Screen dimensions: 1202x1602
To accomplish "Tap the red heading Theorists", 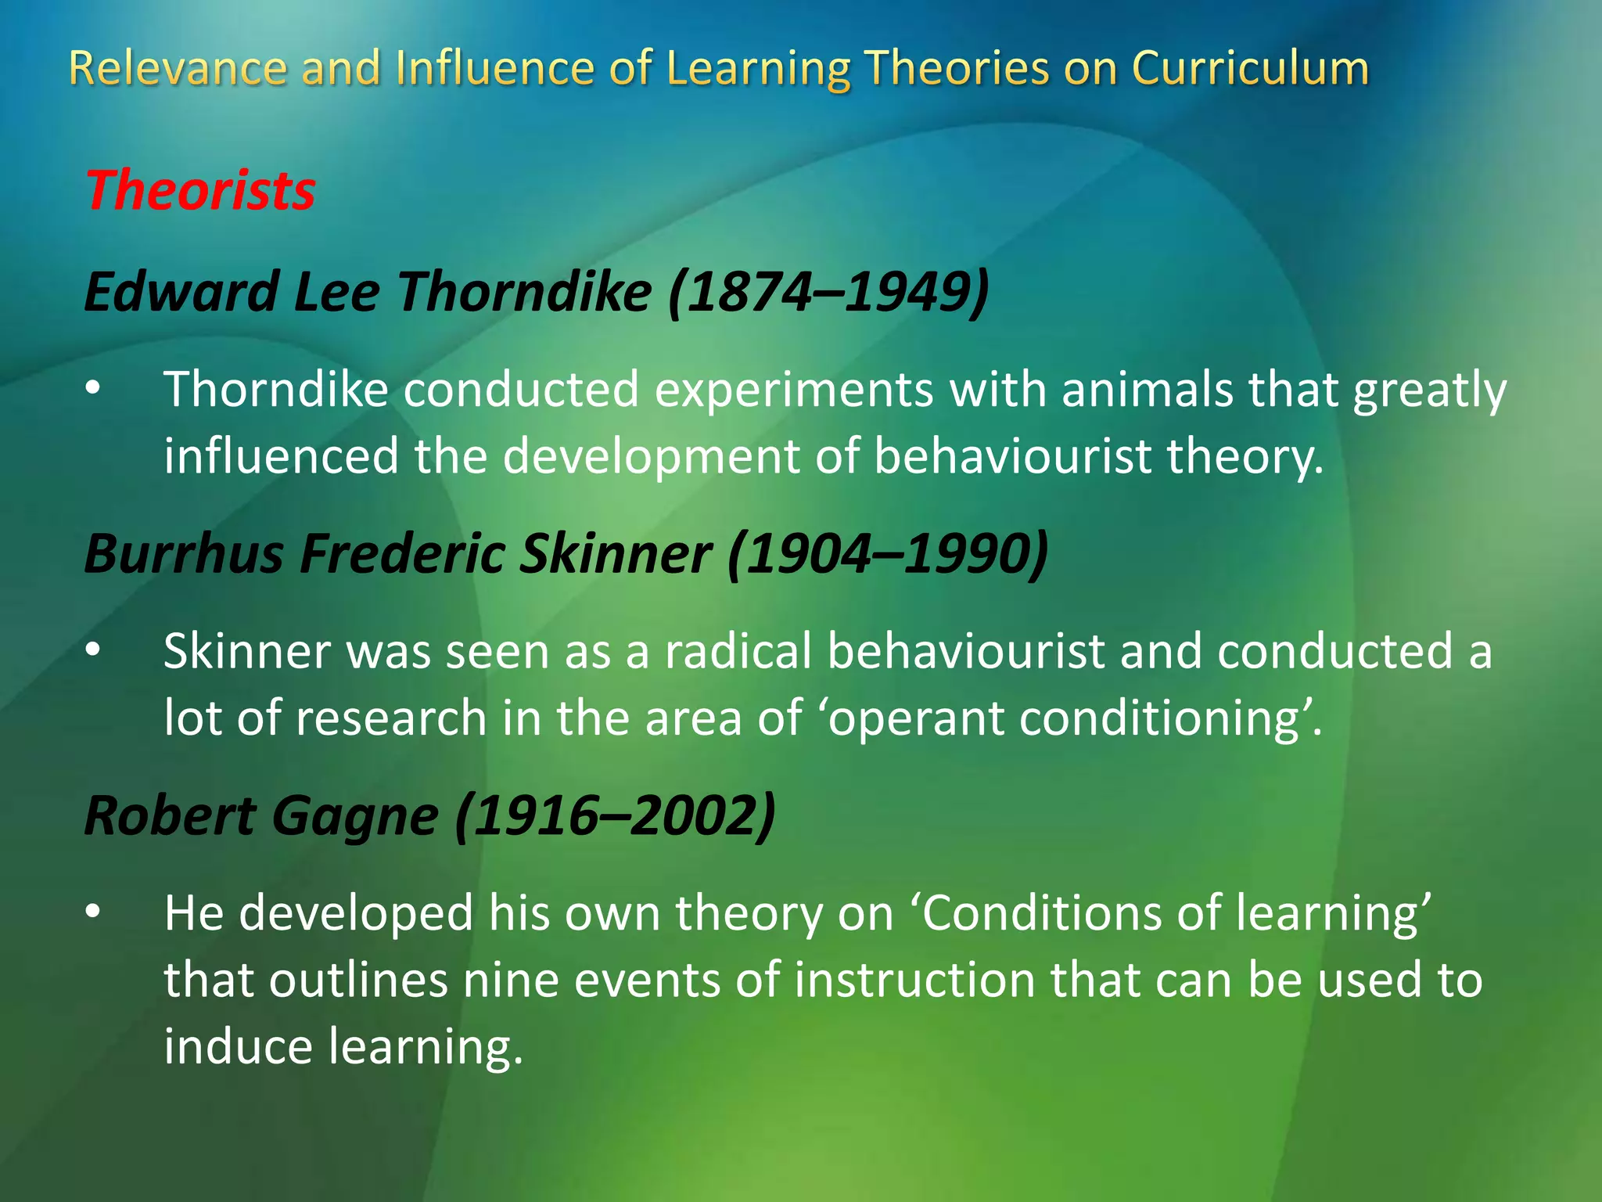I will point(200,191).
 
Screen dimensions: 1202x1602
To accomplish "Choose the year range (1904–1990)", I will point(888,554).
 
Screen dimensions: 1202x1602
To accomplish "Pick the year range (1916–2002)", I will point(615,816).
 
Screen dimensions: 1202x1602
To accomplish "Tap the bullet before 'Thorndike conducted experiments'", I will point(93,388).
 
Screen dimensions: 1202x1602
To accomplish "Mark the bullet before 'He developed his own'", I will point(93,912).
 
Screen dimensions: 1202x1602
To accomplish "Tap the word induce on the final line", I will point(238,1047).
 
